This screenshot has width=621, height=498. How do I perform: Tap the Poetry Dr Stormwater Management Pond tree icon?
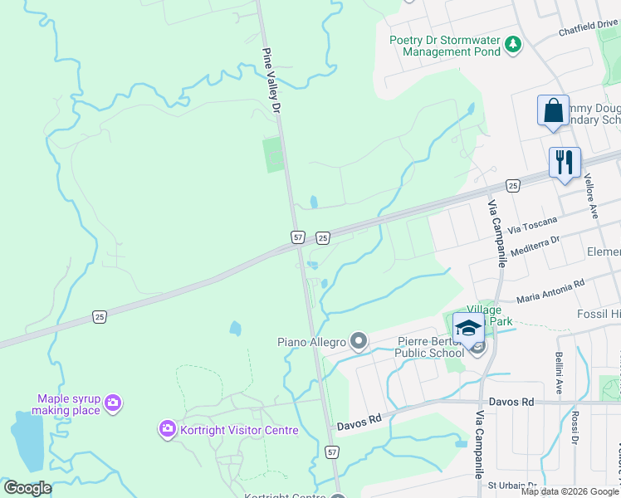point(514,43)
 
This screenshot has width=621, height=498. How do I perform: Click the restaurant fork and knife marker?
point(565,163)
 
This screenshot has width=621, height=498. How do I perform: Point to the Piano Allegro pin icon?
point(359,340)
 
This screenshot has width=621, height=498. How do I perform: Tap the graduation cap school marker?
point(468,328)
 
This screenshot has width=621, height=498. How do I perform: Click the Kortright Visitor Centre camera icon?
point(167,429)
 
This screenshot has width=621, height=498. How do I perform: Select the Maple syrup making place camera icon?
point(113,404)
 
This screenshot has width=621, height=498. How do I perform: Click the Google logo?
point(27,488)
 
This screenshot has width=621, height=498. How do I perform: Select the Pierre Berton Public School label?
point(429,345)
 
